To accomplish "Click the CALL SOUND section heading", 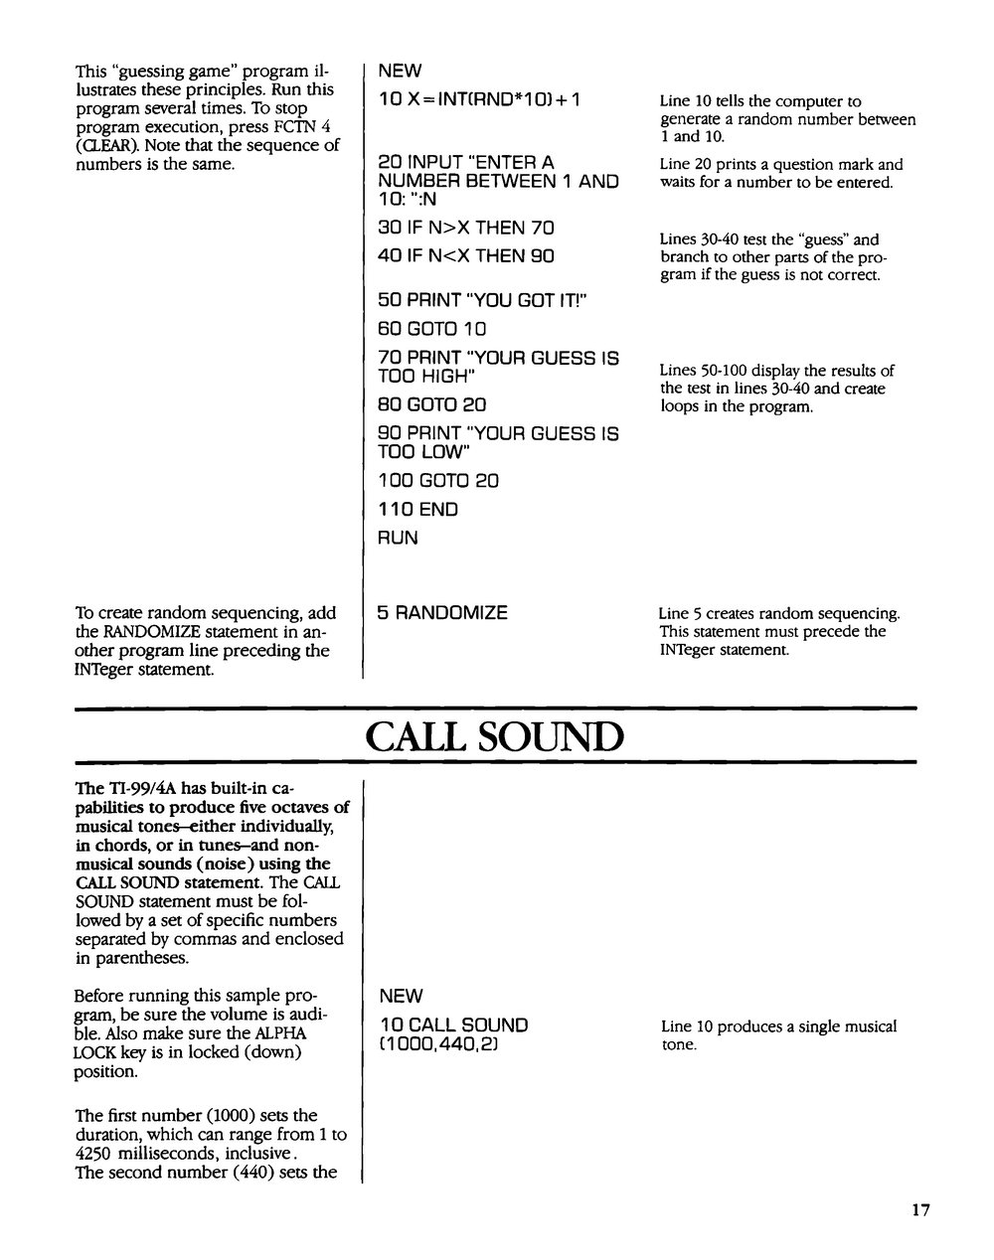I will click(x=494, y=736).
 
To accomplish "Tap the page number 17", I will click(x=918, y=1210).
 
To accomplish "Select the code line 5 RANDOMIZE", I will click(x=442, y=613).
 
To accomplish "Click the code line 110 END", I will click(x=418, y=510).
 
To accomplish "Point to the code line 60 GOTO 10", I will click(x=432, y=329).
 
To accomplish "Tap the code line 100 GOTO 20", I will click(x=438, y=481).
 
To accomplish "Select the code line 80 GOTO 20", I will click(x=432, y=405).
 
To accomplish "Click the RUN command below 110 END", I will click(x=398, y=538).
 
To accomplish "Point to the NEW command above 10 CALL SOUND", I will click(x=400, y=996).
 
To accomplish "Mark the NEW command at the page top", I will click(x=400, y=71).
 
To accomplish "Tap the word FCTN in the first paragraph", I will click(x=302, y=126).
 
